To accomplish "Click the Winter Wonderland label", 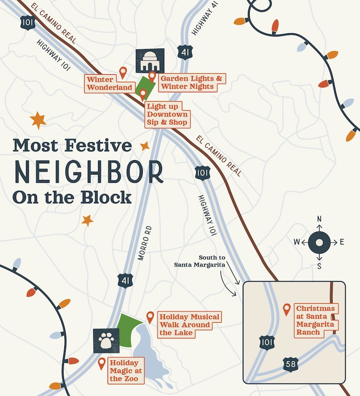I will [x=110, y=83].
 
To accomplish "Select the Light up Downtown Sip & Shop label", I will [x=166, y=114].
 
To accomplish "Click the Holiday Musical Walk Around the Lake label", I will [x=189, y=324].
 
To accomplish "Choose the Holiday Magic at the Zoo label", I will [x=126, y=370].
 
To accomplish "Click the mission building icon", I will [x=150, y=61].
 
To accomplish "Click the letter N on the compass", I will [x=319, y=219].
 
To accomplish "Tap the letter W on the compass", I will [x=297, y=242].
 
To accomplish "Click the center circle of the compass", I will [x=319, y=242].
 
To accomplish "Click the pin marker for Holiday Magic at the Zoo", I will [x=102, y=363].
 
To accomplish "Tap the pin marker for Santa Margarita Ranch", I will [x=286, y=309].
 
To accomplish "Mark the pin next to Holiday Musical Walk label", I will [x=150, y=317].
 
